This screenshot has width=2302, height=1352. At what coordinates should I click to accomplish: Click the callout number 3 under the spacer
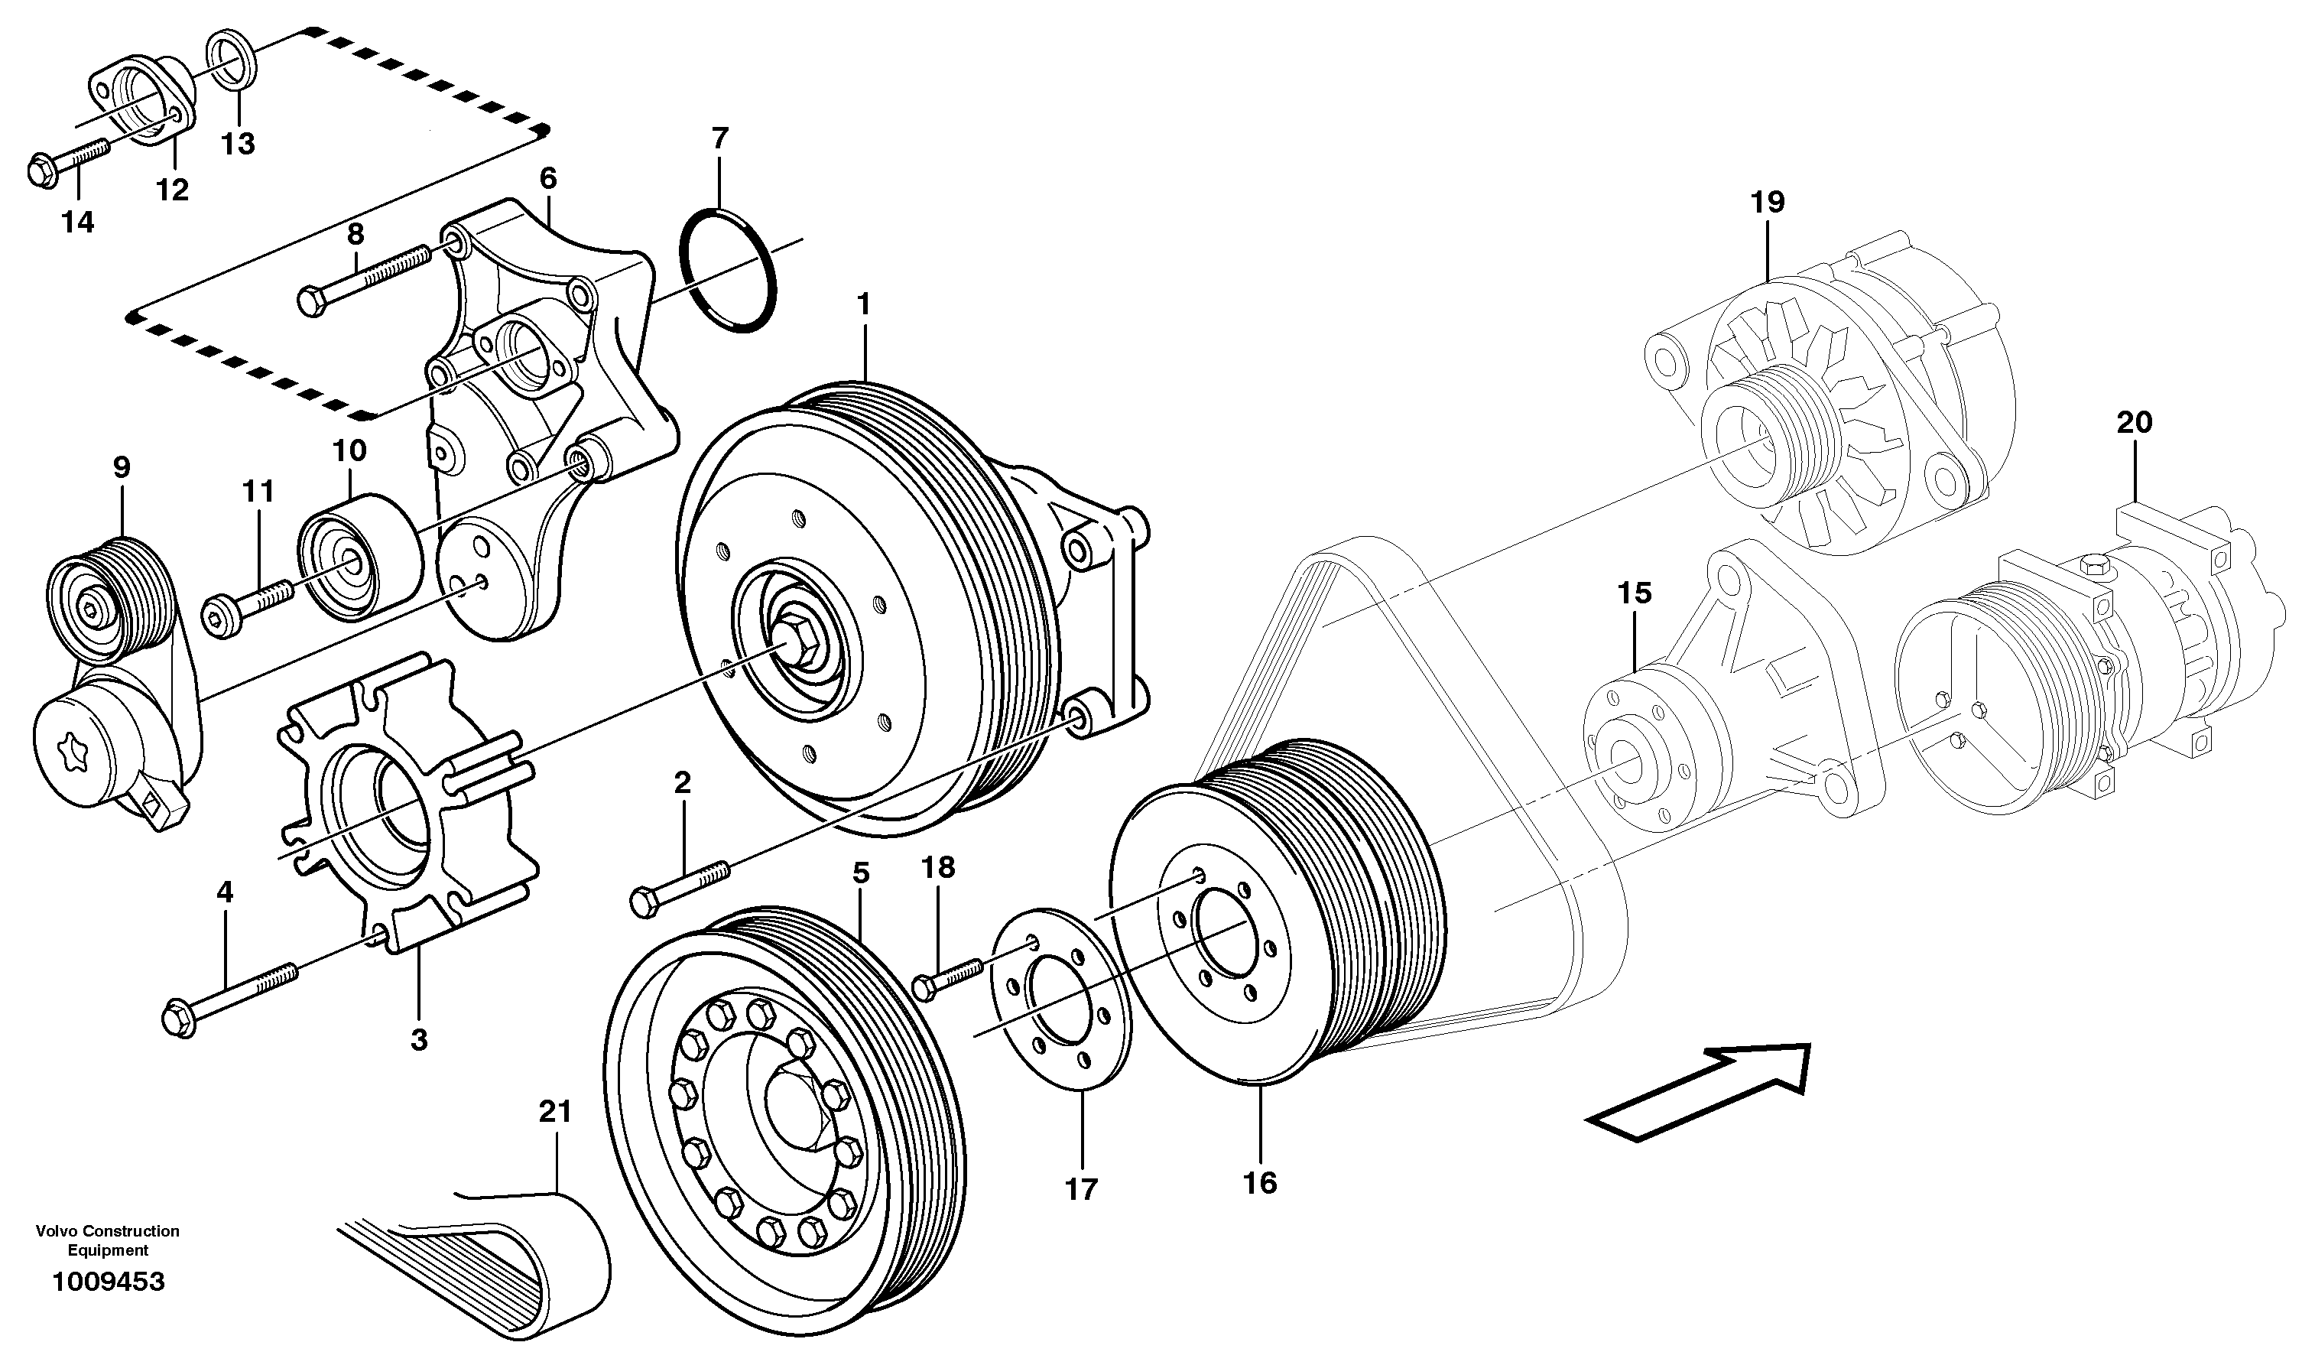(418, 1039)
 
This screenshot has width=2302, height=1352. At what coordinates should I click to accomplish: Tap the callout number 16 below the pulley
(1260, 1183)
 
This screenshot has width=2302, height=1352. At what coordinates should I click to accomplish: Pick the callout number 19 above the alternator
(1768, 202)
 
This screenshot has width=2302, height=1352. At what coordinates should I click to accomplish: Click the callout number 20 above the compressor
(2135, 423)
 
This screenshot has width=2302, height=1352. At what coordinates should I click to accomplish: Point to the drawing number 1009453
(109, 1282)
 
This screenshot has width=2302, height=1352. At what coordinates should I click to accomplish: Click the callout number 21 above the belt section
(555, 1112)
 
